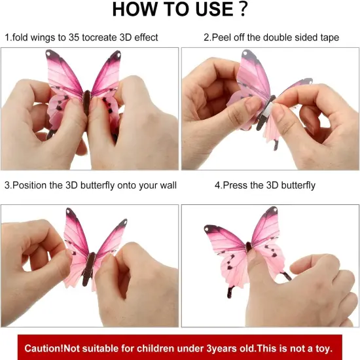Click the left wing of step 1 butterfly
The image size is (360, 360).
(x=64, y=75)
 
